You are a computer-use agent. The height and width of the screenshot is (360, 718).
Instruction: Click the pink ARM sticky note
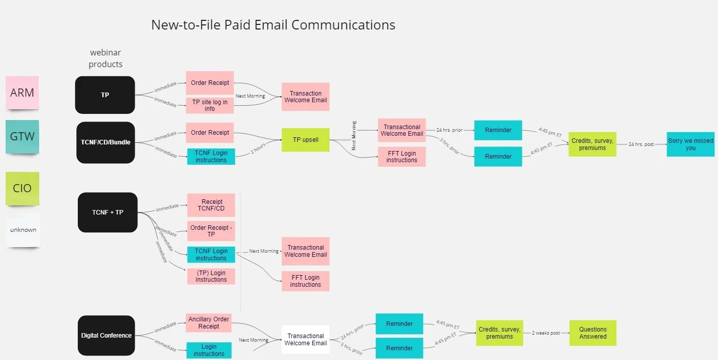[x=22, y=93]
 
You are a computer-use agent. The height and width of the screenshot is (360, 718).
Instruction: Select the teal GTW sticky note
[x=22, y=136]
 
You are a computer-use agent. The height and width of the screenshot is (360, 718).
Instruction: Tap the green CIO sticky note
[x=22, y=188]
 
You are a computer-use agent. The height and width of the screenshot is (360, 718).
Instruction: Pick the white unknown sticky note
[x=23, y=230]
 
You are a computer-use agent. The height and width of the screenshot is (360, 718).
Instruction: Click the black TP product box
[x=105, y=95]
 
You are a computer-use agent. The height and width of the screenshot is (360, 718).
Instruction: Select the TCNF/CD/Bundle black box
[x=106, y=142]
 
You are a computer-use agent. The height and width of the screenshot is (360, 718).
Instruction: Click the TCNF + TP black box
[x=108, y=213]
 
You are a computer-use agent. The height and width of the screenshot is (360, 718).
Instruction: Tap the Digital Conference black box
[x=106, y=336]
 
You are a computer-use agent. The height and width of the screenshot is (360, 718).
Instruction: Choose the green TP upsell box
[x=306, y=139]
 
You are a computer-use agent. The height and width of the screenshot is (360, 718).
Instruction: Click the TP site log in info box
[x=210, y=105]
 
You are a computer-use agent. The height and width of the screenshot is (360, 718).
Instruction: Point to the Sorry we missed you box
[x=691, y=144]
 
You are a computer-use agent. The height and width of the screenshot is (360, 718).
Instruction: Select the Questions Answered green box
[x=593, y=333]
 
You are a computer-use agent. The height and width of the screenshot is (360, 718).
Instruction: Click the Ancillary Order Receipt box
[x=209, y=323]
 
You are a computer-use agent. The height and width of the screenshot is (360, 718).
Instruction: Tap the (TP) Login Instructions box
[x=211, y=276]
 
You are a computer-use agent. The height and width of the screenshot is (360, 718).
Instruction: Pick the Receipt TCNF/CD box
[x=211, y=205]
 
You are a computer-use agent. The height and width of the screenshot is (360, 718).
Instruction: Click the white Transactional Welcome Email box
[x=306, y=340]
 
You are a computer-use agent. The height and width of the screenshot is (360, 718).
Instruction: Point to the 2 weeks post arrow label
[x=546, y=333]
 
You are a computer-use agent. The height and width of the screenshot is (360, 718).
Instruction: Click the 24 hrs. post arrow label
[x=641, y=144]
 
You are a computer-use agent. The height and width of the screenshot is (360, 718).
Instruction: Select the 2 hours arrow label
[x=258, y=149]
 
